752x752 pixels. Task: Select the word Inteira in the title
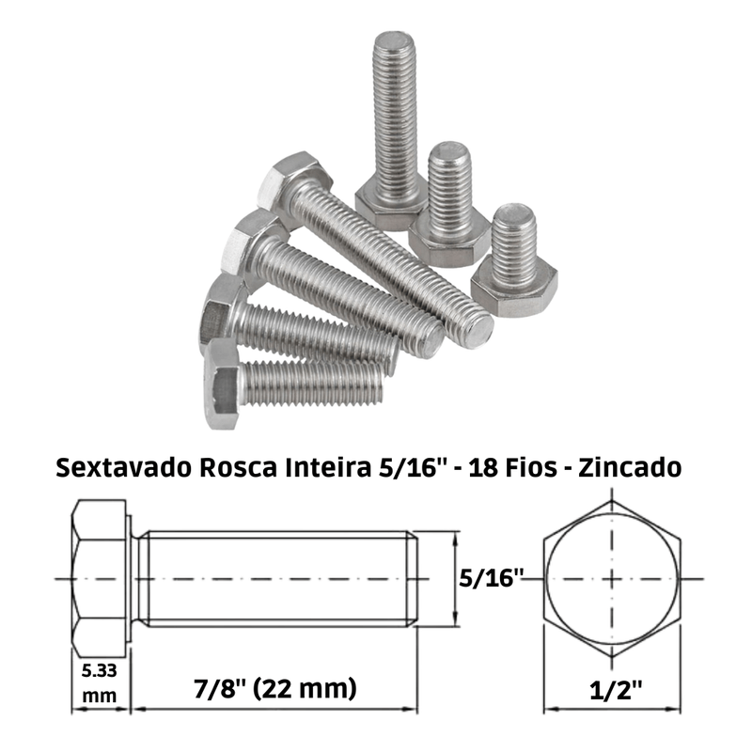328,467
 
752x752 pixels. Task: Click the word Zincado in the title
630,467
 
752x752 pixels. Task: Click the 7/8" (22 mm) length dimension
275,689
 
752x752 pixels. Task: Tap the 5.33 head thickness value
100,670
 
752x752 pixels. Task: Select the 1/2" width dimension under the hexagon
616,690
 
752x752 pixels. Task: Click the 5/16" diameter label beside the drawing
491,578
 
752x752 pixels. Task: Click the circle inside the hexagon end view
546,579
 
